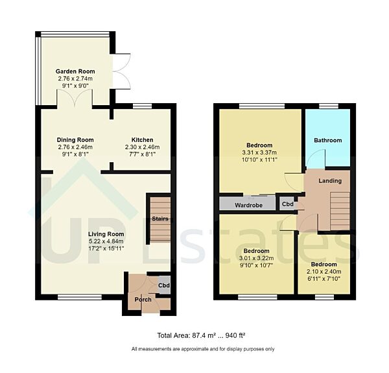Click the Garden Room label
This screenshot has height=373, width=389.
pyautogui.click(x=75, y=71)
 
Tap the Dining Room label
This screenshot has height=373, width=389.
pyautogui.click(x=75, y=139)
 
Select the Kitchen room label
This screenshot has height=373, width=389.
pyautogui.click(x=142, y=139)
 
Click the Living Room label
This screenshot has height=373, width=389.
pyautogui.click(x=106, y=234)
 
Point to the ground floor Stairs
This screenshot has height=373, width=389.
pyautogui.click(x=159, y=219)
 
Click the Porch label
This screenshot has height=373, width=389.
pyautogui.click(x=143, y=299)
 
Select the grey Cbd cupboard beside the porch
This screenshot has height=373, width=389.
pyautogui.click(x=164, y=285)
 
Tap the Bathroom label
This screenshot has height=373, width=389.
pyautogui.click(x=327, y=140)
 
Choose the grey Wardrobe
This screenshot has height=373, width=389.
pyautogui.click(x=247, y=204)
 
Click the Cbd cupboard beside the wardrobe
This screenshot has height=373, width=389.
pyautogui.click(x=287, y=204)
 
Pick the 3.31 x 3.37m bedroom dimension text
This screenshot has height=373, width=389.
pyautogui.click(x=259, y=152)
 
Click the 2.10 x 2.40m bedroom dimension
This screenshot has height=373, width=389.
pyautogui.click(x=323, y=272)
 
